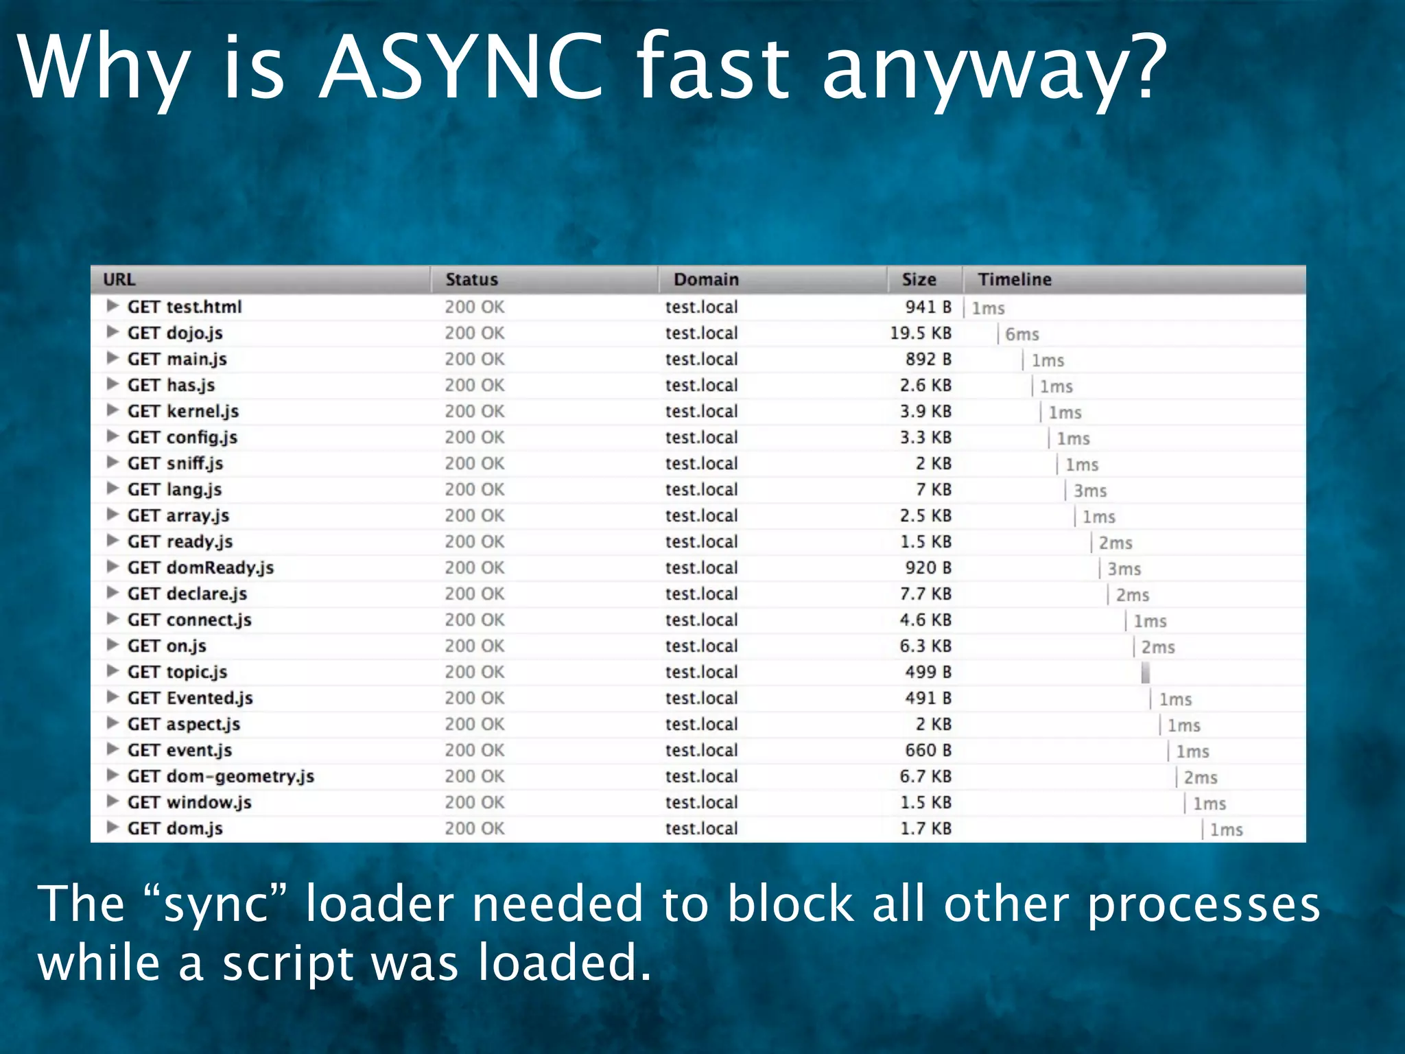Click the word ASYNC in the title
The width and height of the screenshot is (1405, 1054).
pos(461,69)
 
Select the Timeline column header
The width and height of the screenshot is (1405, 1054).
pos(1014,279)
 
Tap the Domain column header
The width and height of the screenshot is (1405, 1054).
pos(706,279)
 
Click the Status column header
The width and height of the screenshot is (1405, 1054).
pos(471,279)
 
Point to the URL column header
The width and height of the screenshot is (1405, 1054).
pos(119,279)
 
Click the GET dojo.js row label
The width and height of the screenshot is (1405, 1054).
pos(175,333)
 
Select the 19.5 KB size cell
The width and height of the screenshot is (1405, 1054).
pos(921,333)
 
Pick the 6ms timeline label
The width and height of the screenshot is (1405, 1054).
pos(1022,334)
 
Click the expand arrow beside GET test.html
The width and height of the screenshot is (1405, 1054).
pos(113,306)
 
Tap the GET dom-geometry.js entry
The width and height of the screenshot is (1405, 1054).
pos(220,776)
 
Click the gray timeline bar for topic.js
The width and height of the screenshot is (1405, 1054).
pos(1145,672)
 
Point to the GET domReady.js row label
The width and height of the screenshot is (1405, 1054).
pos(200,567)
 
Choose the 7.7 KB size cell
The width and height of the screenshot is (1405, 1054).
pos(925,594)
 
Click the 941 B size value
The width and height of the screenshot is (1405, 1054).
pos(928,307)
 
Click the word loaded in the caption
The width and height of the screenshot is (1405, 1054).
pos(563,962)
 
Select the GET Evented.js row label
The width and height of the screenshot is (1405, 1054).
pos(190,698)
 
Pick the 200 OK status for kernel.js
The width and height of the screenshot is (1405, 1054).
pos(474,411)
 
